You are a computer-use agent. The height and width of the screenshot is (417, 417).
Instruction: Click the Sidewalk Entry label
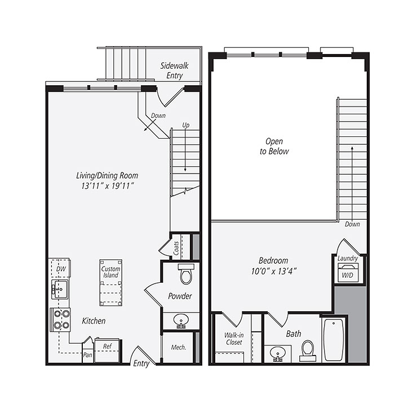(175, 70)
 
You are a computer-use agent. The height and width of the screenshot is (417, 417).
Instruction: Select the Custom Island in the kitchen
(110, 282)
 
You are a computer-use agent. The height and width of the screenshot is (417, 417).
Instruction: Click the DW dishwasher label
(60, 270)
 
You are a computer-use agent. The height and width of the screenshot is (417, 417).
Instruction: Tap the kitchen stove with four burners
(61, 320)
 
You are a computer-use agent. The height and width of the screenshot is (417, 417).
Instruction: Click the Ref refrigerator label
(107, 345)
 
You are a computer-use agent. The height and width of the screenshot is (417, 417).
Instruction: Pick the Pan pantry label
(87, 356)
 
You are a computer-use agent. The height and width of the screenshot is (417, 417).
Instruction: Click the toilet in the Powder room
(185, 276)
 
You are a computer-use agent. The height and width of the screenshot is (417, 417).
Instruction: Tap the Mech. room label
(178, 347)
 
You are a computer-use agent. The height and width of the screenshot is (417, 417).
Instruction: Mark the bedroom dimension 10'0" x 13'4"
(273, 270)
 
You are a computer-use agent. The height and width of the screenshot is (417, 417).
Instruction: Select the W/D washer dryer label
(348, 276)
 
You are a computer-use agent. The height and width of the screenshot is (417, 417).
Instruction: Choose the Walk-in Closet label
(233, 339)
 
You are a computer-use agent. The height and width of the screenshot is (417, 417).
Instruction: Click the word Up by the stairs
(185, 125)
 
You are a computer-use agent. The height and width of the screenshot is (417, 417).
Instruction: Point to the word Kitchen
(94, 321)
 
